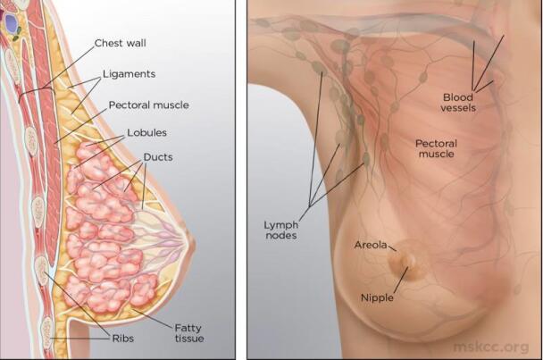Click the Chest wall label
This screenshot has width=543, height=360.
pos(121,43)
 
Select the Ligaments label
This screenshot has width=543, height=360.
pos(129,74)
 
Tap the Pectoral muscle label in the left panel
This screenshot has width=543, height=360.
pos(149,105)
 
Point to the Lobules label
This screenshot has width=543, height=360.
pos(146,132)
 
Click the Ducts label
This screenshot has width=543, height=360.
pos(158,157)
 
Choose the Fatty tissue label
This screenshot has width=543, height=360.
pos(189,333)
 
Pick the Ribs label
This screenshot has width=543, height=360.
pos(123,339)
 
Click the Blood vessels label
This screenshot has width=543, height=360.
pos(458,103)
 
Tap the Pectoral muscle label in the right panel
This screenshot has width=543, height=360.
pos(437,148)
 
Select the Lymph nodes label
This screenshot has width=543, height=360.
pos(280,230)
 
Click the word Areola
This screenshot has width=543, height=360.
pos(371,245)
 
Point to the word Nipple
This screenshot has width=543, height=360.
pos(377,297)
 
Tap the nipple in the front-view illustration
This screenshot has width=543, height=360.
pos(410,261)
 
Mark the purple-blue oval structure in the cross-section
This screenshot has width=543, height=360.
pos(12,23)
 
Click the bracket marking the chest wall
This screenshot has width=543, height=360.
pos(37,91)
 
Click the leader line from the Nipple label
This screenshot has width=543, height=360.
pos(401,280)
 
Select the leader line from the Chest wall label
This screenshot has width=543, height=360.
pos(69,67)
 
